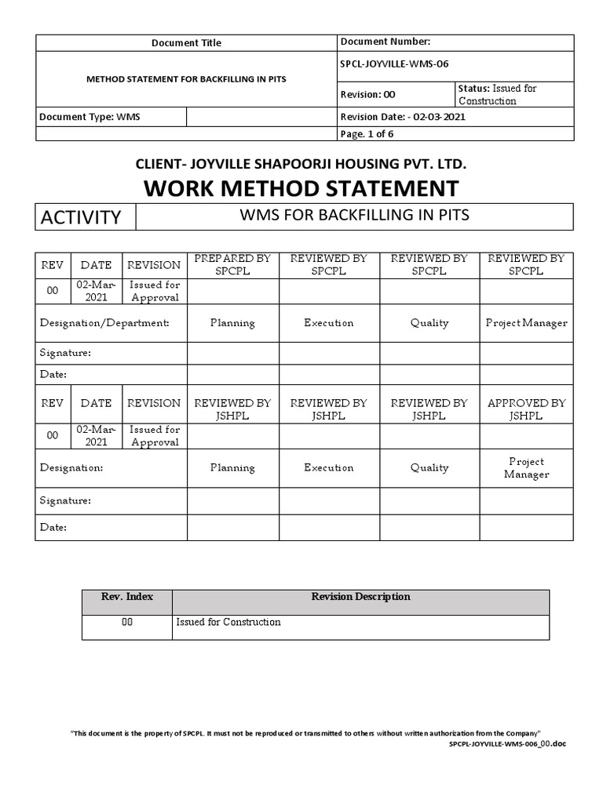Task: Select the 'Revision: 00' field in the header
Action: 367,94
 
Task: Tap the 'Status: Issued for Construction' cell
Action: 497,94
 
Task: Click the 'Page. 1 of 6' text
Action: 367,134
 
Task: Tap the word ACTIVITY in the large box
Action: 81,217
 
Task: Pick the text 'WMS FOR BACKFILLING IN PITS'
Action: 353,215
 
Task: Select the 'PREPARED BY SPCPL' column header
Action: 232,264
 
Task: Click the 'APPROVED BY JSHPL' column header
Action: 526,409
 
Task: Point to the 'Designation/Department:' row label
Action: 104,322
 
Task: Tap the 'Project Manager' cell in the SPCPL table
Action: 526,322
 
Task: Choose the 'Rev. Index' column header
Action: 127,597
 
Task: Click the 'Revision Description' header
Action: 360,597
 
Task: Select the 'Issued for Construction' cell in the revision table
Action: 228,622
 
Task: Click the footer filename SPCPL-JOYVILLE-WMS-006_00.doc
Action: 506,742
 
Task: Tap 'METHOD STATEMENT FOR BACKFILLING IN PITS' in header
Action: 186,79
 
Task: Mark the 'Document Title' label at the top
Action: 186,43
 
